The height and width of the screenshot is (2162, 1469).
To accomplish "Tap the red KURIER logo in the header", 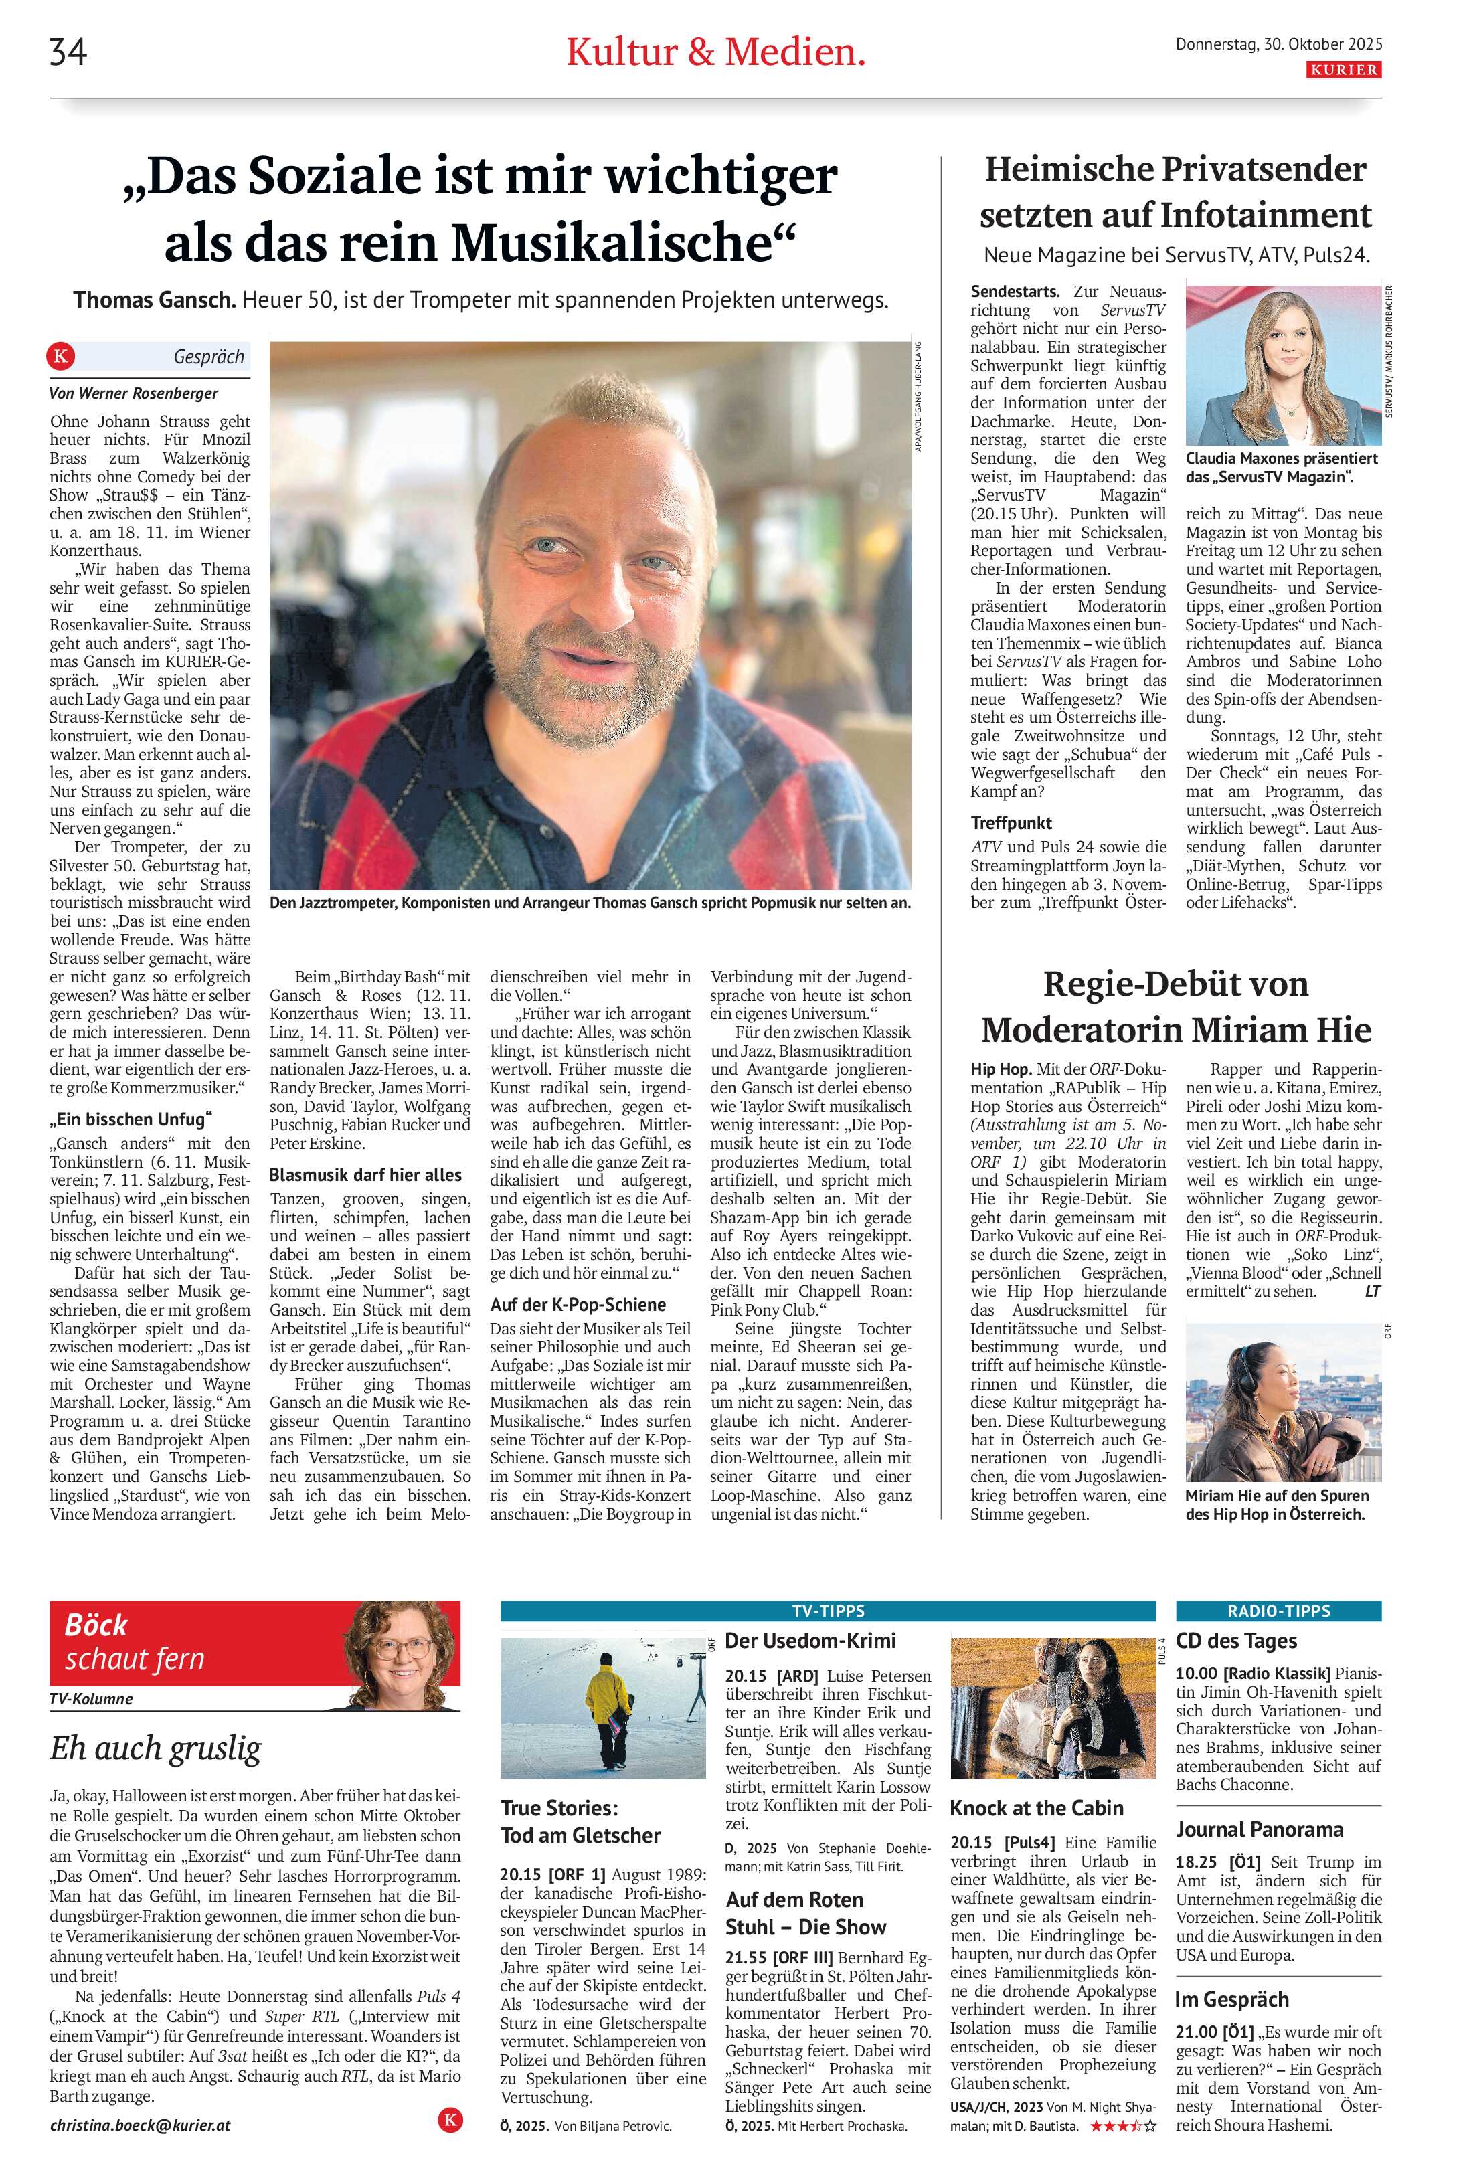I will coord(1343,70).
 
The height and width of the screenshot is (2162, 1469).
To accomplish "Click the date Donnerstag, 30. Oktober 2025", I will coord(1278,43).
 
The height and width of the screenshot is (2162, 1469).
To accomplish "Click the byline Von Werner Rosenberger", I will coord(134,393).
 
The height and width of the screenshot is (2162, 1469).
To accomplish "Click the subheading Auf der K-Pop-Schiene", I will coord(578,1304).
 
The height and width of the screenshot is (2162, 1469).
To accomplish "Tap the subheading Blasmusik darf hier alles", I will coord(365,1175).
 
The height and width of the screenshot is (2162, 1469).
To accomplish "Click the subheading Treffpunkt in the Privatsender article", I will coord(1011,822).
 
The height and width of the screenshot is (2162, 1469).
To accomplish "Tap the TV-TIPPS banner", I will coord(827,1611).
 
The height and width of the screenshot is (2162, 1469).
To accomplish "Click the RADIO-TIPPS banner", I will coord(1278,1611).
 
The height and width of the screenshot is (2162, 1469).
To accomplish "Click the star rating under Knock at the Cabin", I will coord(1124,2126).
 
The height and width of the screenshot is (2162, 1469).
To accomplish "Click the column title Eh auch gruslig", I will coord(155,1749).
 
